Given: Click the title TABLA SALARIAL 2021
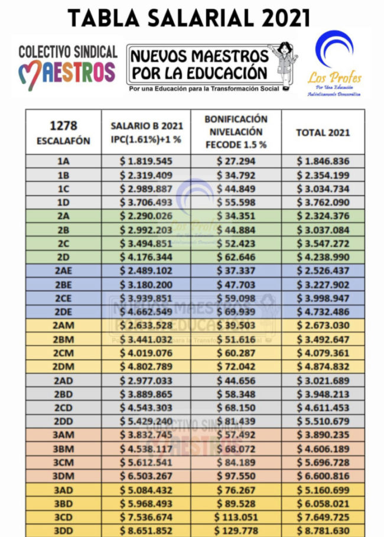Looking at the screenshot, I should (188, 18).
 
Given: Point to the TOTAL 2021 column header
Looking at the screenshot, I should (323, 132).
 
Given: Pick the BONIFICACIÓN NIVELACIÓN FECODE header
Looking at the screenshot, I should (235, 132).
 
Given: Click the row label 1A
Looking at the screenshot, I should (63, 161).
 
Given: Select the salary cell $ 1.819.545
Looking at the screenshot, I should (146, 161).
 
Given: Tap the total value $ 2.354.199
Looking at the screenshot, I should (323, 175).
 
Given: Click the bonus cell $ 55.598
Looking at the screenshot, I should (235, 202).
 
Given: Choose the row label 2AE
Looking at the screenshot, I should (63, 271).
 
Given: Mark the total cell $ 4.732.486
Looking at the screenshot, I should (323, 312).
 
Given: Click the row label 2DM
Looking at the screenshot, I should (63, 367).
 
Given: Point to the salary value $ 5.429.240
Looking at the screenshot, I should (146, 421).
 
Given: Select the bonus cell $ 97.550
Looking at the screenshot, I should (235, 476).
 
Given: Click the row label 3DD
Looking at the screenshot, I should (63, 531).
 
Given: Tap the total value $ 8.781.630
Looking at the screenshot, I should (323, 531).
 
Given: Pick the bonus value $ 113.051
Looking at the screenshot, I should (235, 517).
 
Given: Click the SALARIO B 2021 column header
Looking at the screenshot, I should (146, 132).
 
